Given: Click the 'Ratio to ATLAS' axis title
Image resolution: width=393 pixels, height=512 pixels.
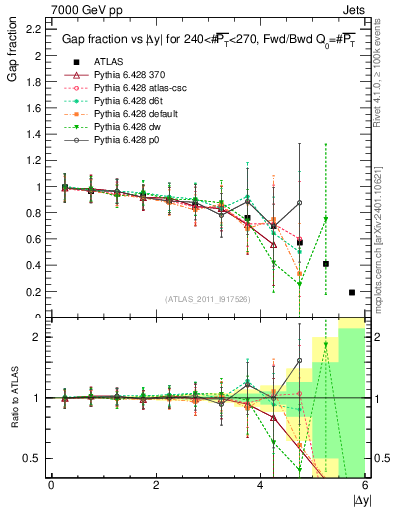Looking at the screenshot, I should [13, 400].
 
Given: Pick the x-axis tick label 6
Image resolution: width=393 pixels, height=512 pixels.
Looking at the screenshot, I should [365, 486].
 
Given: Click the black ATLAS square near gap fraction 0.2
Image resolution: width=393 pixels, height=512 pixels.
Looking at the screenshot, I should [352, 292].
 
